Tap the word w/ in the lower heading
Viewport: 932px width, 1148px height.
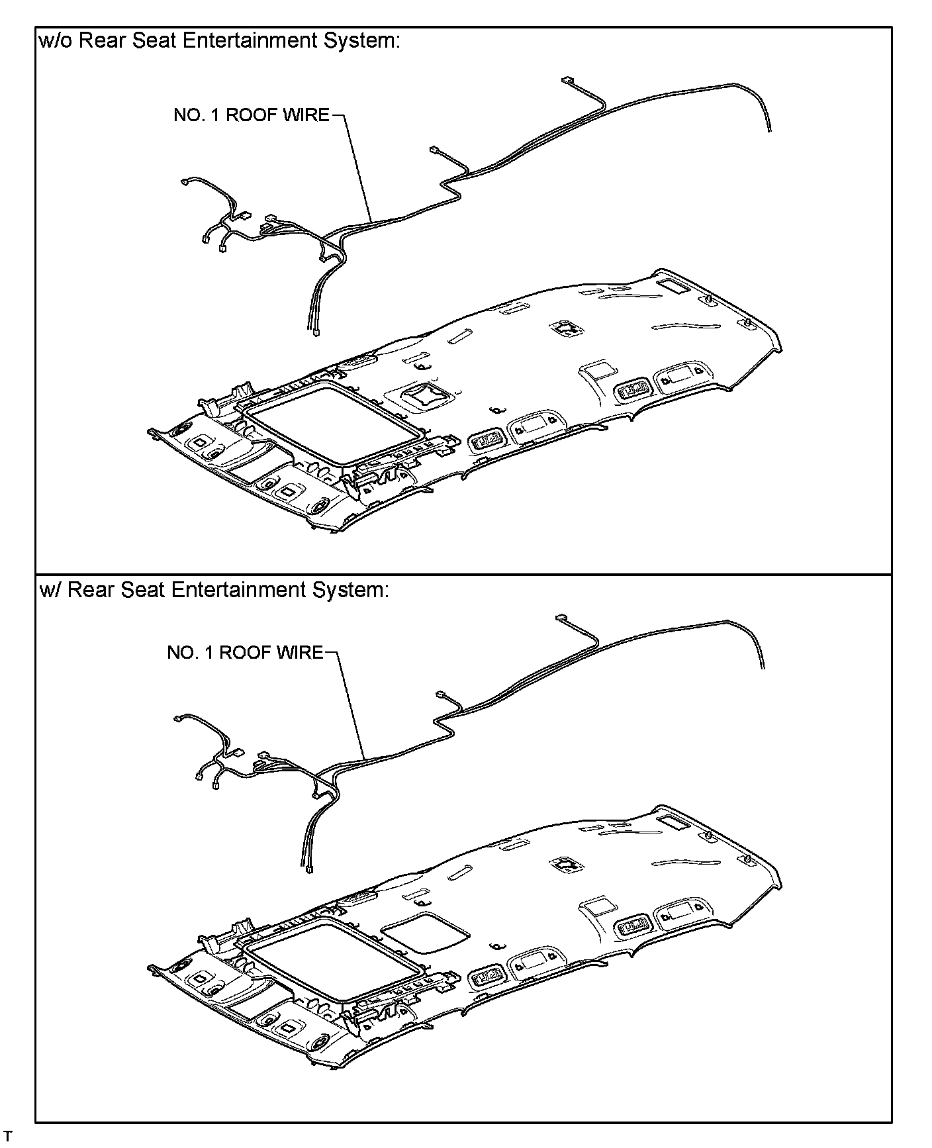(50, 590)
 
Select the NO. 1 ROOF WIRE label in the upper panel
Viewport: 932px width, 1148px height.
(251, 115)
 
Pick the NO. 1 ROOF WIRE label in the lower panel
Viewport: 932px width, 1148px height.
(245, 653)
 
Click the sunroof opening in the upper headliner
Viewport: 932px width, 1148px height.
(334, 423)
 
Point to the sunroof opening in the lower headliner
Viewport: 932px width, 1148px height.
(334, 960)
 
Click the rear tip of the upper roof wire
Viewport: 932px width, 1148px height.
(770, 130)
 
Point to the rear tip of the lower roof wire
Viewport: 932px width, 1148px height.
(763, 667)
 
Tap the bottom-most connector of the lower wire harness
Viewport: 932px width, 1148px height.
(309, 872)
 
